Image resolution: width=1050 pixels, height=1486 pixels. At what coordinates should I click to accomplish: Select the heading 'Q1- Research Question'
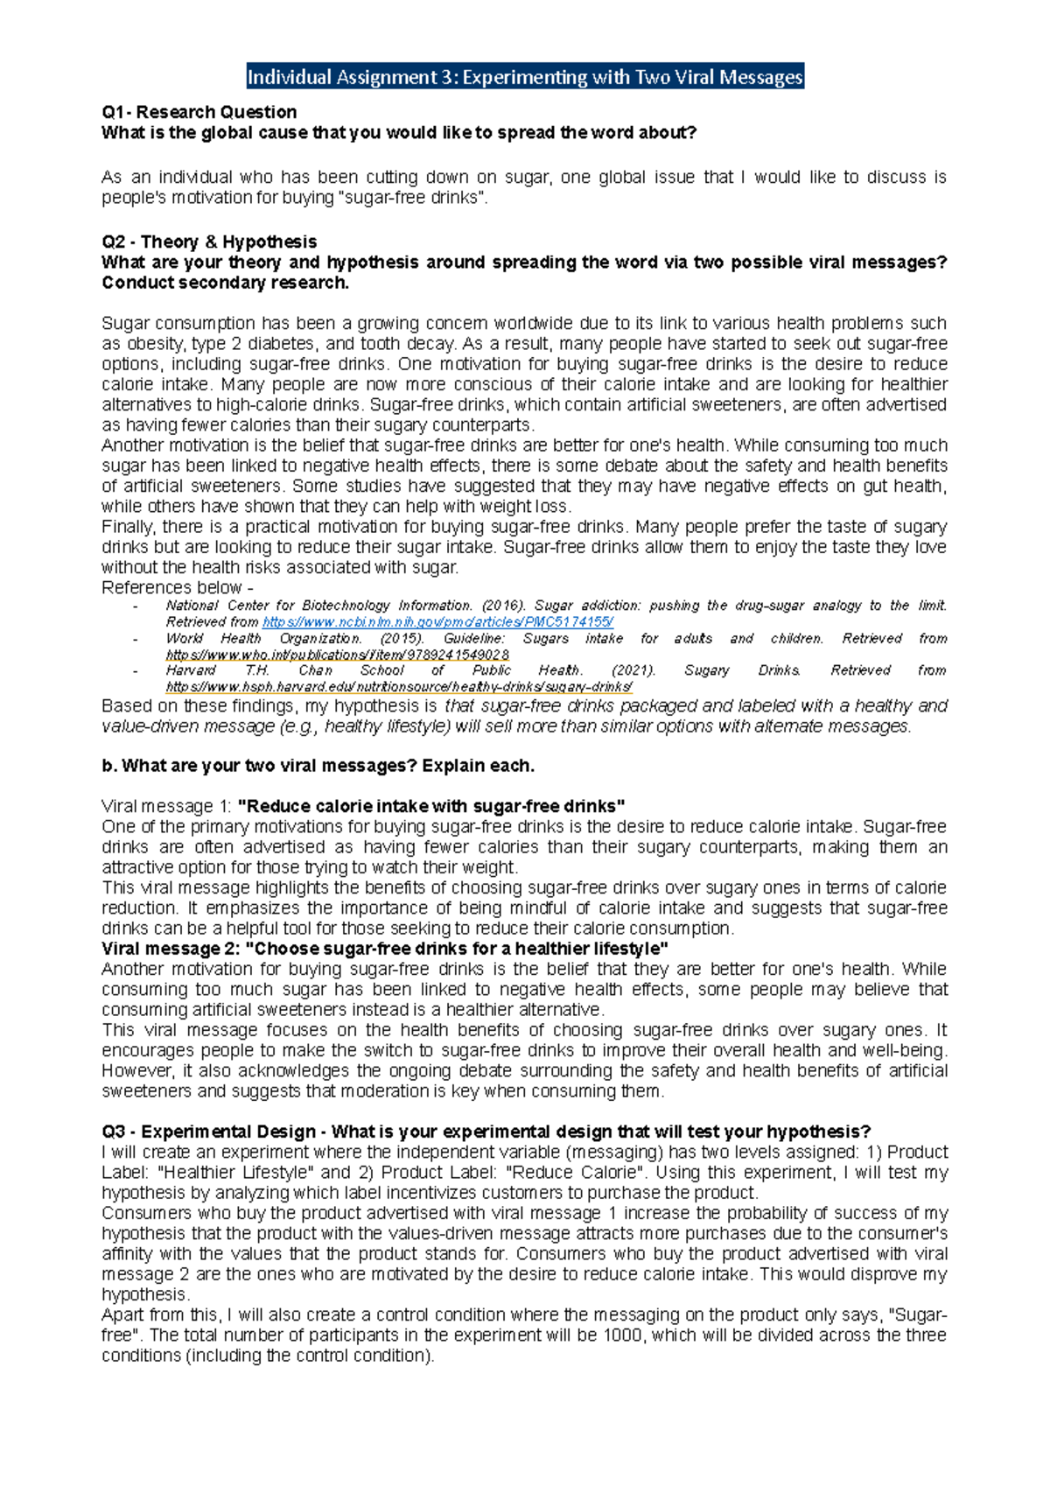point(199,112)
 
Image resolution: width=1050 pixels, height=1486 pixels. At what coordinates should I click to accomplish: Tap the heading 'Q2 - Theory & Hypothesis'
point(209,242)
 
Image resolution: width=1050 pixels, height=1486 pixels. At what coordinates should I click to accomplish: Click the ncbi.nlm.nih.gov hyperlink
point(437,621)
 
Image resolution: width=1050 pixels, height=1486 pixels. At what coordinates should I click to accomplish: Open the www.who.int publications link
point(338,655)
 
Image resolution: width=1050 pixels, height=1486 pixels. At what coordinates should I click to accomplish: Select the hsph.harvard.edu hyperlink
point(399,687)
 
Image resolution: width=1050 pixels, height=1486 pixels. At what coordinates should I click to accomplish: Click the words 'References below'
point(171,587)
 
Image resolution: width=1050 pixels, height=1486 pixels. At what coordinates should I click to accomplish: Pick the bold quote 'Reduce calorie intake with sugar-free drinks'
point(431,806)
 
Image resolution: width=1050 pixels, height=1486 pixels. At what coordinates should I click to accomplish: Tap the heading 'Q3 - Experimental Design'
point(209,1132)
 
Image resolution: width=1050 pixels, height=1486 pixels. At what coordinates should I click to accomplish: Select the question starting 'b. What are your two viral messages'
point(318,766)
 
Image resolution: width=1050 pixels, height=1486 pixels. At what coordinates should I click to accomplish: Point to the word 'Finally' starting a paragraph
point(127,527)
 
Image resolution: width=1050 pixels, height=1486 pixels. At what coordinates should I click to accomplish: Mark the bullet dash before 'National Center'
point(135,606)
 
